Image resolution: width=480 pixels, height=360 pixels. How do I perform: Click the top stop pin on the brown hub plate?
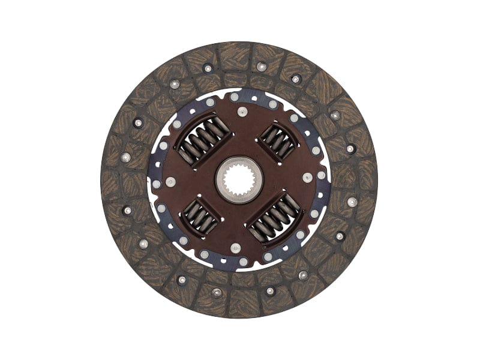241,111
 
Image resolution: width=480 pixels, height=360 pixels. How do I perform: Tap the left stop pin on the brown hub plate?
171,181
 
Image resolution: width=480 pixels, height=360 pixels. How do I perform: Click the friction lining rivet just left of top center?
208,68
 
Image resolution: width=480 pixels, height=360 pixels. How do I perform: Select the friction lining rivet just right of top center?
261,67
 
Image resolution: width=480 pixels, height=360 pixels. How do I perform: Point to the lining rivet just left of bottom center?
216,292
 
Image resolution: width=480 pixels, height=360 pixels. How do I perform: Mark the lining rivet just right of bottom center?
270,291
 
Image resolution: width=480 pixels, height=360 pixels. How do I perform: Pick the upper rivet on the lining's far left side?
125,157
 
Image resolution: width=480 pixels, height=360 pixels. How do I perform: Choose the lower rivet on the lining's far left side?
127,211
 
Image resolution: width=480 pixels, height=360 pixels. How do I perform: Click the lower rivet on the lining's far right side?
352,202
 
